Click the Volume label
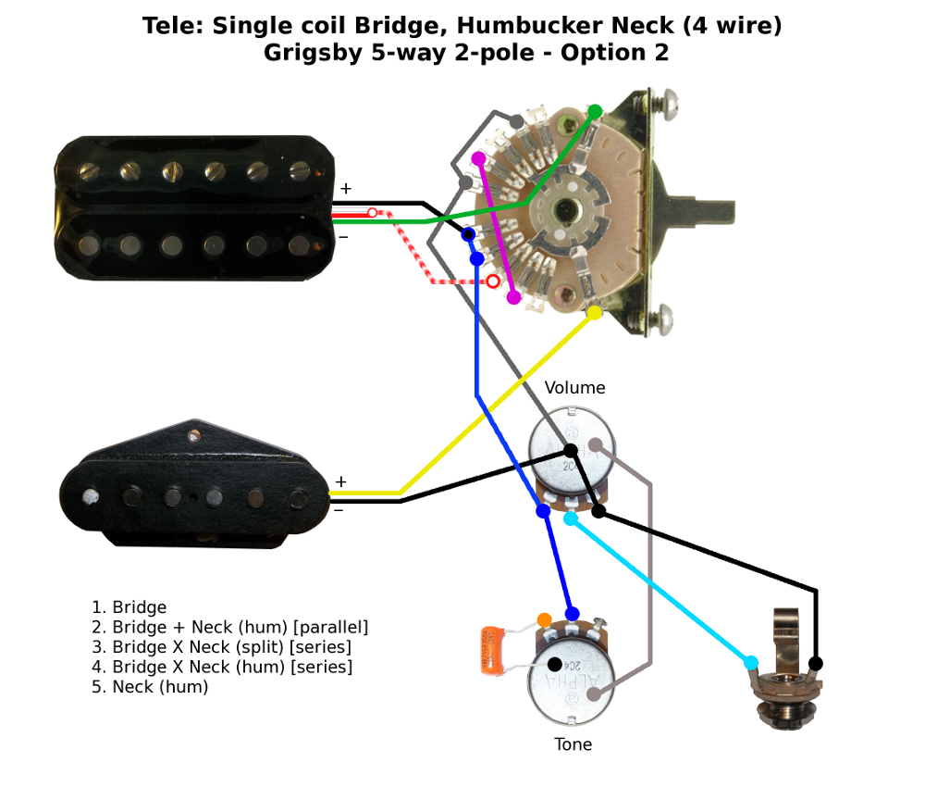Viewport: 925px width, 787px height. [x=574, y=388]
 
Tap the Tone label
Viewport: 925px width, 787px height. [x=573, y=744]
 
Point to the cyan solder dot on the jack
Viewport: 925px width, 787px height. [x=750, y=662]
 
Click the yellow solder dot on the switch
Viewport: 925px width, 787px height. [x=595, y=312]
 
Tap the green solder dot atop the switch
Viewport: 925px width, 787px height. [x=596, y=111]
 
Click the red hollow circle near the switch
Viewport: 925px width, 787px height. [x=494, y=281]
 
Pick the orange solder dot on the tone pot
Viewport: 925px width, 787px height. [x=544, y=618]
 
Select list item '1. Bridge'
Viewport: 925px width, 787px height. [x=129, y=607]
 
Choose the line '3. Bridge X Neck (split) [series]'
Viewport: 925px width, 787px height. [x=221, y=647]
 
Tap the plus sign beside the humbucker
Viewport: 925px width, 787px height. [x=345, y=189]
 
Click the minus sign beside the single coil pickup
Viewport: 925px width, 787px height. [x=339, y=509]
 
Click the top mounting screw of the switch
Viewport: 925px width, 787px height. [x=664, y=95]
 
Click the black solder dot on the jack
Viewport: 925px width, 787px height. [x=816, y=663]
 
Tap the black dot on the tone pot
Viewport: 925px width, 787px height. [x=554, y=664]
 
